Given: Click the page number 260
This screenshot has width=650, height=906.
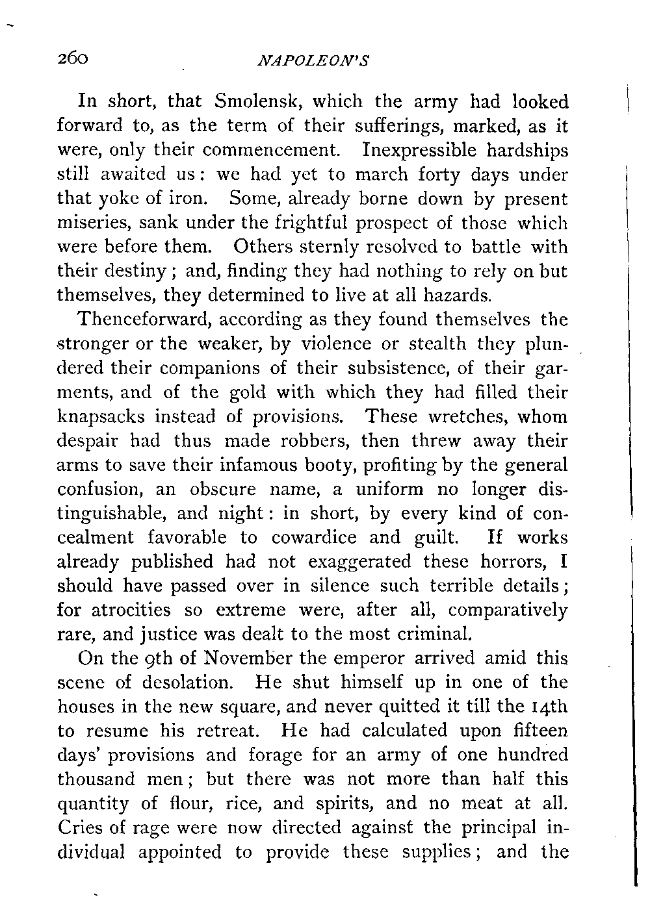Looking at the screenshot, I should pyautogui.click(x=77, y=58).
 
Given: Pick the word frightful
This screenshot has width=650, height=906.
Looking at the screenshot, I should pyautogui.click(x=313, y=223).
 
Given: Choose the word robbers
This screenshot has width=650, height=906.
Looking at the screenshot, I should pyautogui.click(x=315, y=441).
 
